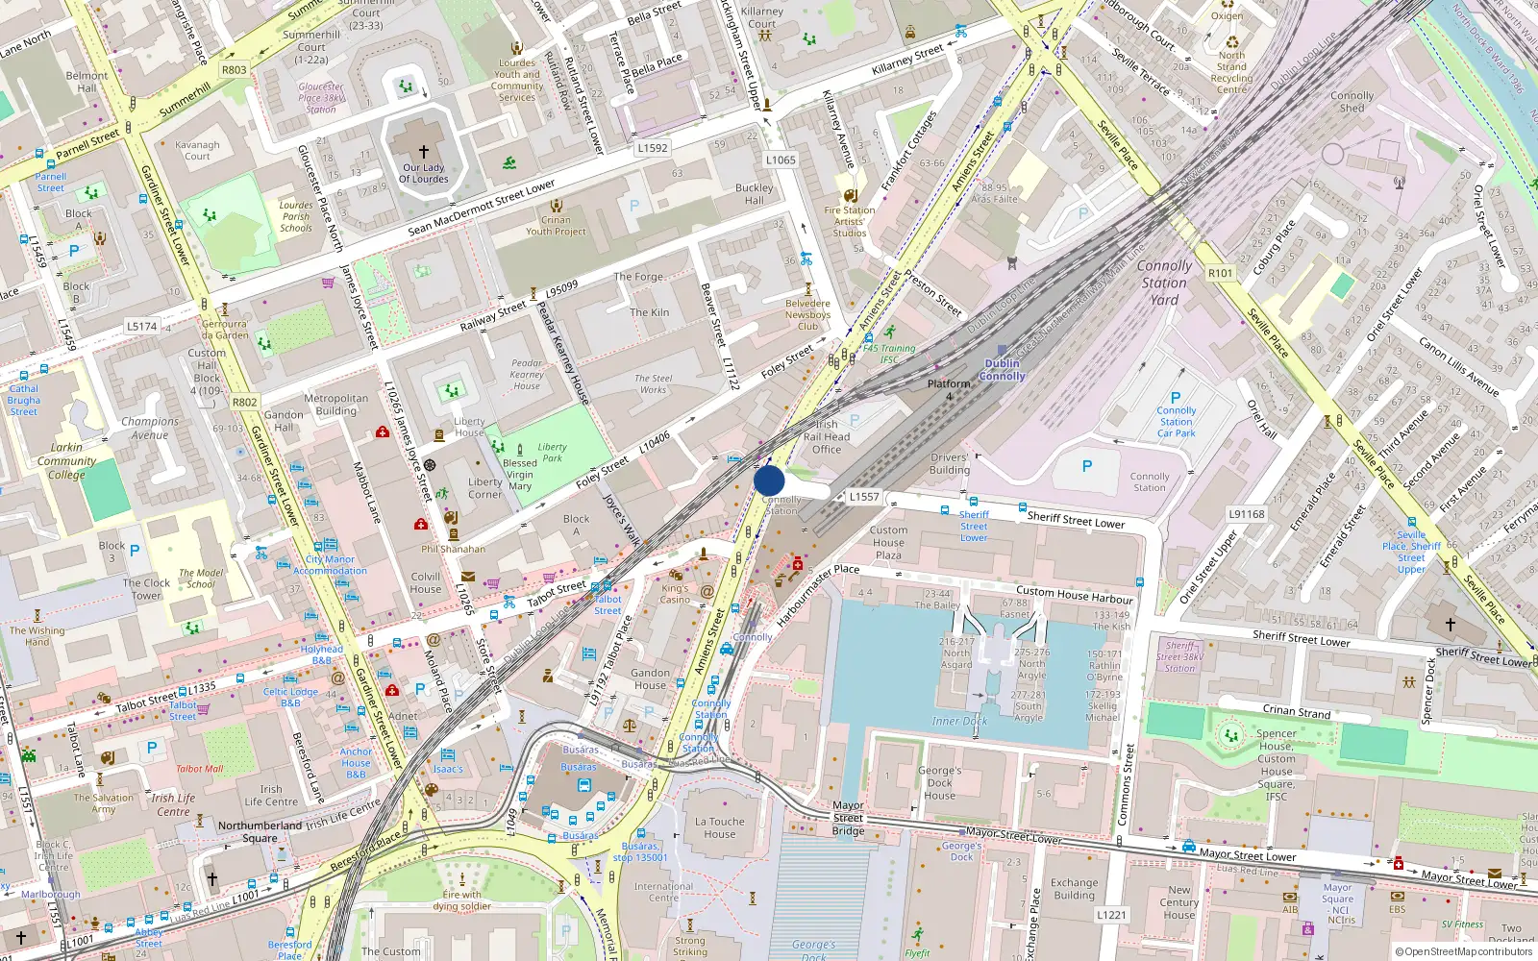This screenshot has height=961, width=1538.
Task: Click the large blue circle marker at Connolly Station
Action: click(x=769, y=480)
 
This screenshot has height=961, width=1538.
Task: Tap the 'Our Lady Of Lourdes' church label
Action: click(x=423, y=173)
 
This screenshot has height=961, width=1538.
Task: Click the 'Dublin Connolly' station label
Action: click(x=1002, y=370)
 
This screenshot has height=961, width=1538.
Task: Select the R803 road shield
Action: click(x=234, y=70)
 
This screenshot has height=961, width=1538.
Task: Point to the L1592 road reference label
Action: click(x=652, y=148)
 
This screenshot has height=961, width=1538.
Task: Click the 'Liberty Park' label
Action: click(x=552, y=452)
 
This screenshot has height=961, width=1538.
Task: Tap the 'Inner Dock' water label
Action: click(x=959, y=721)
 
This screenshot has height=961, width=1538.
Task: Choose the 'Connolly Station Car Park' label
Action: click(x=1176, y=421)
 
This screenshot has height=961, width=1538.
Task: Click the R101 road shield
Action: click(x=1220, y=273)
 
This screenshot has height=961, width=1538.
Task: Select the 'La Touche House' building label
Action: click(x=719, y=827)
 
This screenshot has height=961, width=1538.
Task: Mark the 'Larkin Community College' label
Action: click(x=66, y=460)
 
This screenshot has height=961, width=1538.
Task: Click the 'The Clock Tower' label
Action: click(x=146, y=588)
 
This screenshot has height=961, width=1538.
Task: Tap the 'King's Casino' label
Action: click(x=675, y=593)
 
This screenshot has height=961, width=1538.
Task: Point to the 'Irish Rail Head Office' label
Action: click(x=826, y=436)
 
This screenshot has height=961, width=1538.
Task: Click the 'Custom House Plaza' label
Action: click(x=888, y=542)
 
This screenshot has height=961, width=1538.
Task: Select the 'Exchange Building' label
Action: click(x=1074, y=888)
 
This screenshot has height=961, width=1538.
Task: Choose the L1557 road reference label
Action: click(x=864, y=497)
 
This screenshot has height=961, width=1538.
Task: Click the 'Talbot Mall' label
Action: click(x=199, y=768)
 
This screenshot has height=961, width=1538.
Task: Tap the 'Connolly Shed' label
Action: click(x=1352, y=101)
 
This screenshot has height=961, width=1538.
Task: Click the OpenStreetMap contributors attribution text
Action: click(x=1463, y=951)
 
